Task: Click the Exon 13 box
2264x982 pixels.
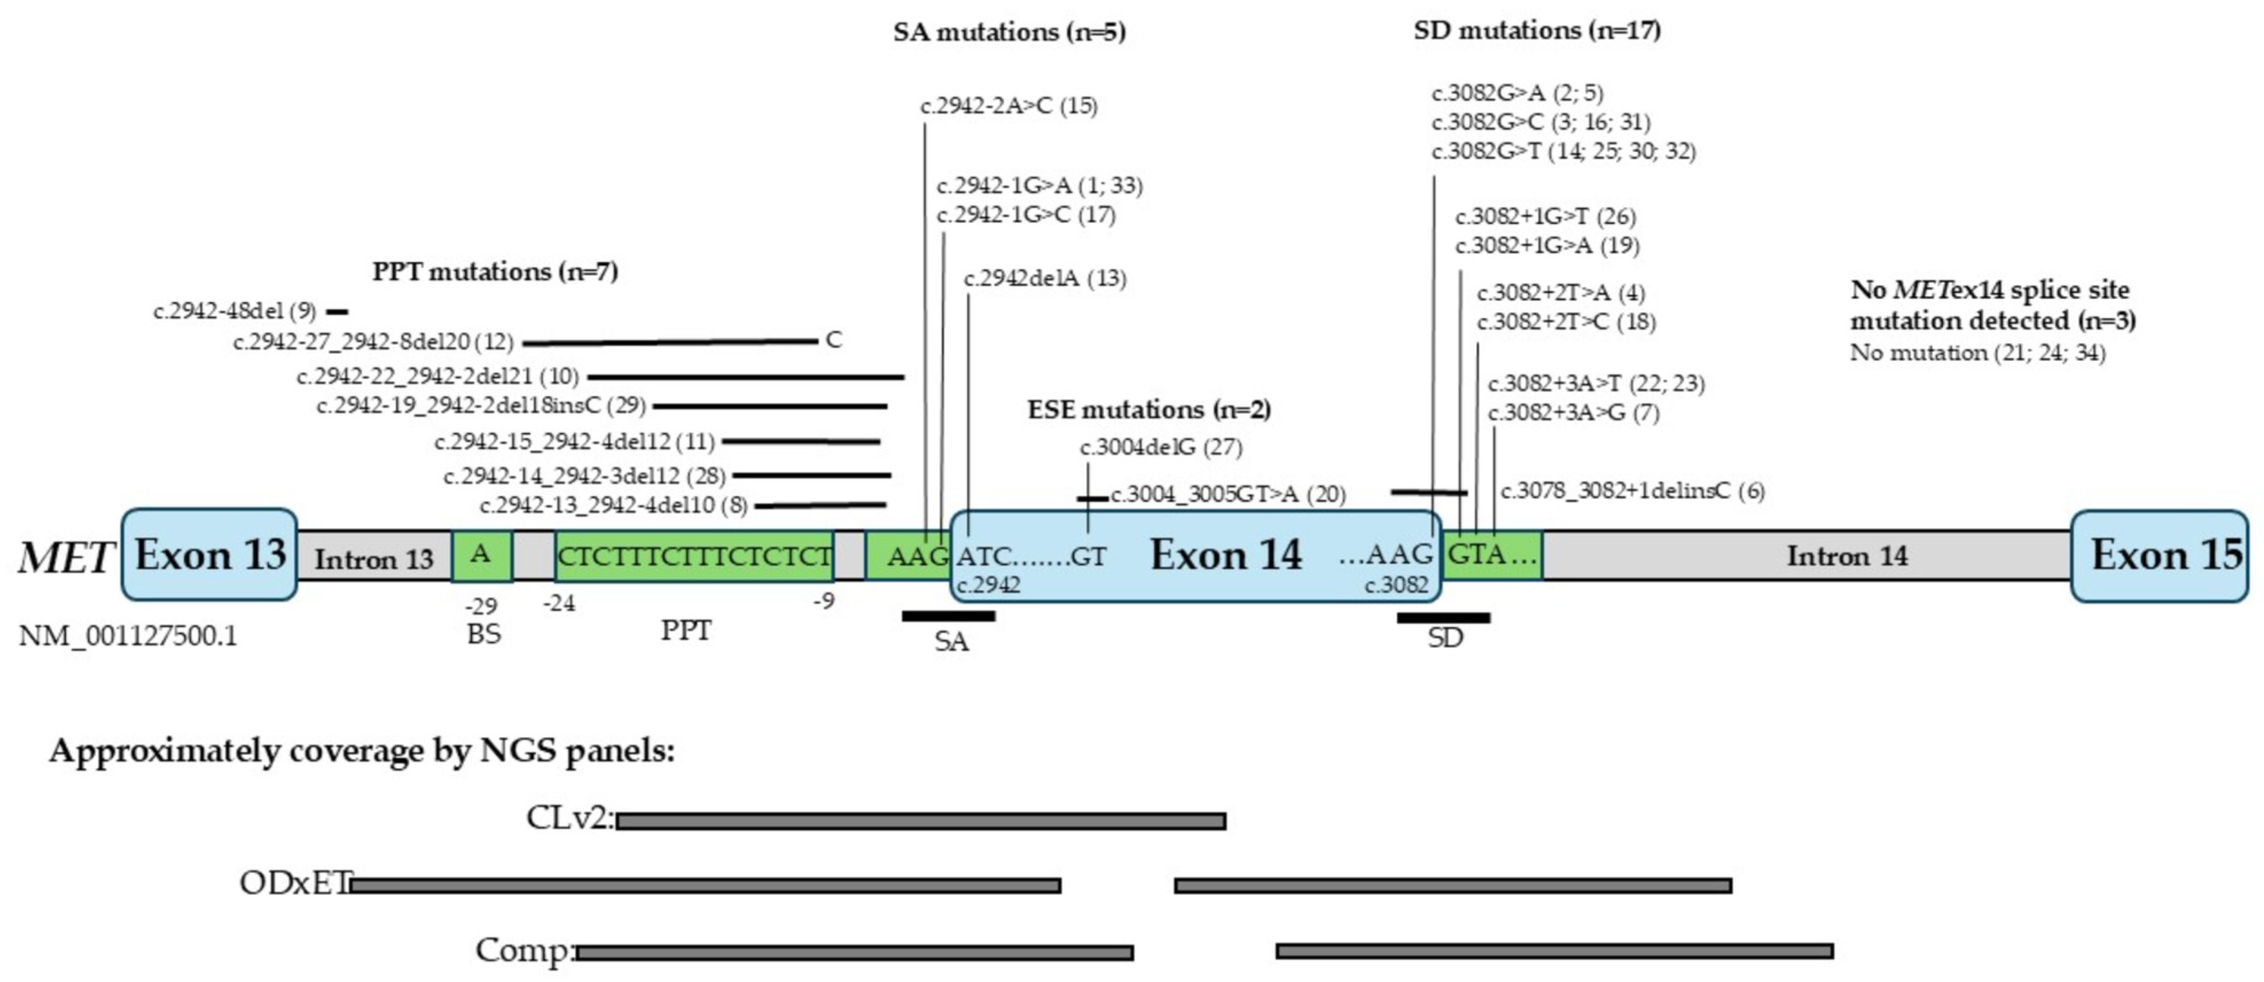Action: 209,555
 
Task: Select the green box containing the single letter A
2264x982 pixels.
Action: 481,555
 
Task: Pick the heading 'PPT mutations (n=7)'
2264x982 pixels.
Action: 495,272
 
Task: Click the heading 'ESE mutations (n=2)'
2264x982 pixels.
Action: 1149,410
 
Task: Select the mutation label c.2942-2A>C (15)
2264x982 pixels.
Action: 1009,107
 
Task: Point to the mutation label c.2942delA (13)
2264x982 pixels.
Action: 1045,279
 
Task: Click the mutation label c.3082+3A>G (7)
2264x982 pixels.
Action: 1573,412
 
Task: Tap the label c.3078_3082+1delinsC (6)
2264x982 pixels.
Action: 1632,491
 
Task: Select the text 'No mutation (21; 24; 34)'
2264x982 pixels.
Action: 1977,353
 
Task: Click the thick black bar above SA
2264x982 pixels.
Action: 949,616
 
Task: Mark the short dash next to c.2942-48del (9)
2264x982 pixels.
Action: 336,312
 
